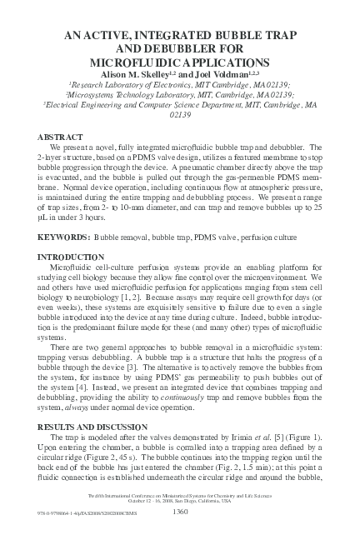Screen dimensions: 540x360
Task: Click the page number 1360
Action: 181,513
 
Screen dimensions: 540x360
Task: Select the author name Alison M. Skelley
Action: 132,74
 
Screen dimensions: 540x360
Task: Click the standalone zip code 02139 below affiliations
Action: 180,116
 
